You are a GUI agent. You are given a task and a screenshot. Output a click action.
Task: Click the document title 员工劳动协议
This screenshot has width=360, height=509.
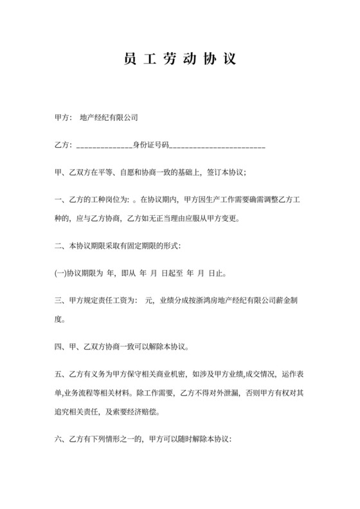click(179, 60)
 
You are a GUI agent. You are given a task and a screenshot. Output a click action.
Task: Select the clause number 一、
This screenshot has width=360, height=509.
click(62, 200)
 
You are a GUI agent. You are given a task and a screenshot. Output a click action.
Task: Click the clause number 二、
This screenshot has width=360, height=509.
click(62, 246)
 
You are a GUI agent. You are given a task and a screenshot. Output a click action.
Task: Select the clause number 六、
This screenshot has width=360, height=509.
click(62, 440)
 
